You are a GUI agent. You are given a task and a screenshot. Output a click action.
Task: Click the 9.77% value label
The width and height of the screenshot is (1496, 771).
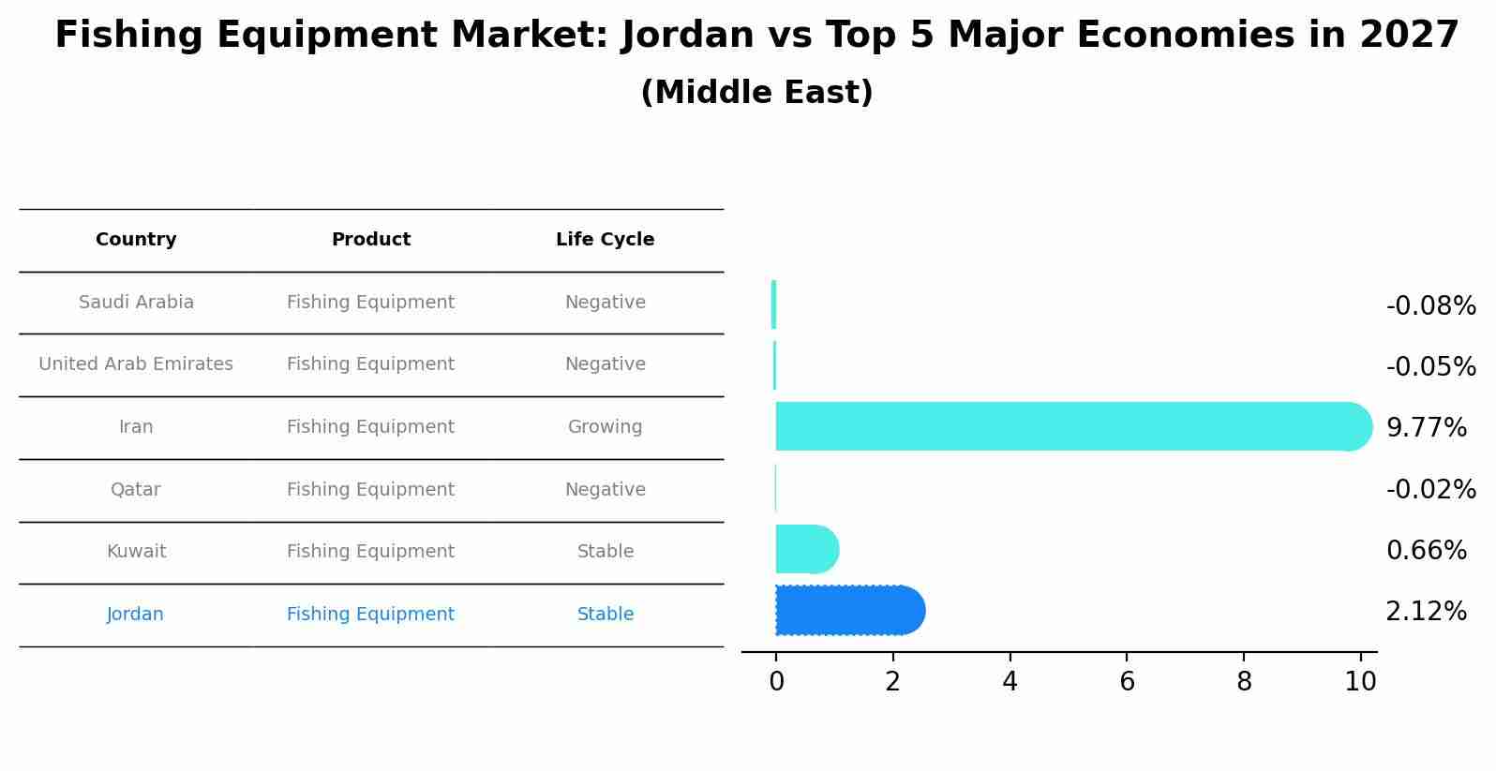(x=1426, y=428)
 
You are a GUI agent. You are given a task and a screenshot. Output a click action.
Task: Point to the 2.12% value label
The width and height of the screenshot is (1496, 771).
(x=1426, y=612)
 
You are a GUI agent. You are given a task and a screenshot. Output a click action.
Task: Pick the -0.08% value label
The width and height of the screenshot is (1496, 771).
(x=1430, y=306)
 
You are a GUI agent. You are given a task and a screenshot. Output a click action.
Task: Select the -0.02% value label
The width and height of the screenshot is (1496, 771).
(x=1430, y=489)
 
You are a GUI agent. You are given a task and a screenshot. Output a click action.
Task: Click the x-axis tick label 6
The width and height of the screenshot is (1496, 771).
(x=1127, y=682)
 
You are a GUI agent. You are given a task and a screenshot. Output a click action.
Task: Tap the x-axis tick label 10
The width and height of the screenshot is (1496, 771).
(x=1360, y=682)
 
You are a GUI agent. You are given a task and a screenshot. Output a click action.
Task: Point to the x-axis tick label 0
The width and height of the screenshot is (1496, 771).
(x=776, y=682)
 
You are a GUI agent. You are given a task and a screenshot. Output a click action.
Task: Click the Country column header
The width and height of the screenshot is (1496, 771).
(x=136, y=240)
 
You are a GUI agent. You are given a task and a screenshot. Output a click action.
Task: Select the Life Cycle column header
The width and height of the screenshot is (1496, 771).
(x=605, y=240)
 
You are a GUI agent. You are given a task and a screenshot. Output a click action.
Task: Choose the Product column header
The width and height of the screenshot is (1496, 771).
(x=371, y=240)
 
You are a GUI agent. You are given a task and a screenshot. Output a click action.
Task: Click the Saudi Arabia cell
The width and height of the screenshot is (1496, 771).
(x=136, y=303)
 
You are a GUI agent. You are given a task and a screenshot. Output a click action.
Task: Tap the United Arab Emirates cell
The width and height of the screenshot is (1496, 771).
(x=136, y=364)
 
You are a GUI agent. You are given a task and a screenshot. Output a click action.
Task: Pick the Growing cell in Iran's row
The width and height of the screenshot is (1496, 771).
(x=605, y=427)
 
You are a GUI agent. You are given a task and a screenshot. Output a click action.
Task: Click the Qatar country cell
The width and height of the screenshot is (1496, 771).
(x=136, y=490)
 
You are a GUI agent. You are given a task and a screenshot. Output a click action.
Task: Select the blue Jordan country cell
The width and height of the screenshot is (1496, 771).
(x=136, y=615)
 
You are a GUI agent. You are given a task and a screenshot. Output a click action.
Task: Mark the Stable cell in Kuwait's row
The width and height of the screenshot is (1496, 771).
(x=605, y=552)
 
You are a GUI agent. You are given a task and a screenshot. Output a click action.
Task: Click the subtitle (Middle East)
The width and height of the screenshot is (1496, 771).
(x=756, y=93)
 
